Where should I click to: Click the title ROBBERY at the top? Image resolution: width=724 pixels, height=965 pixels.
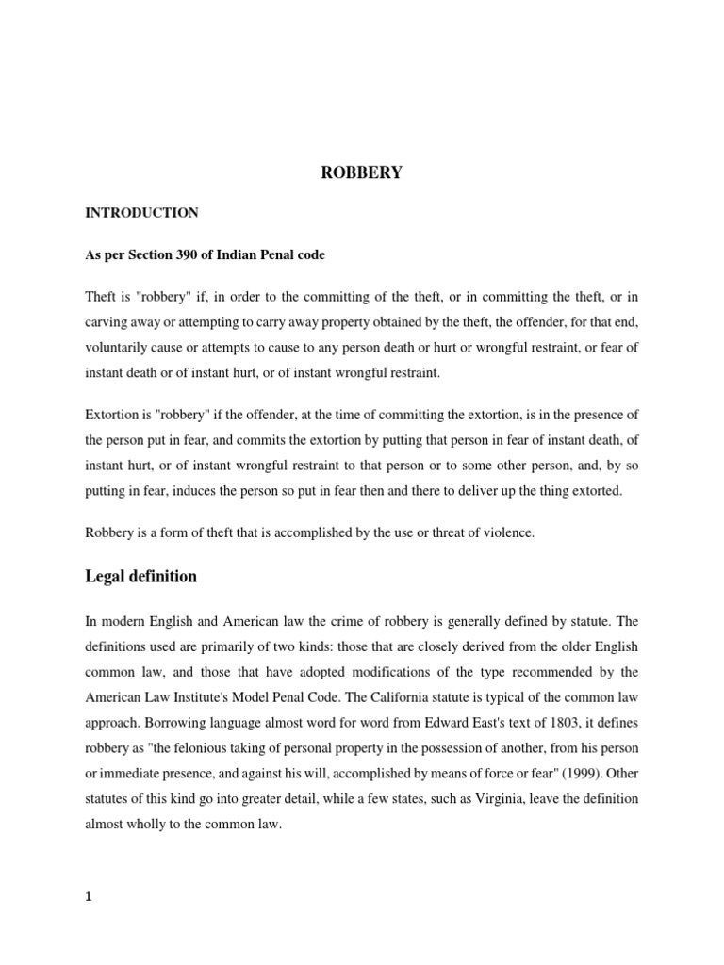coord(362,173)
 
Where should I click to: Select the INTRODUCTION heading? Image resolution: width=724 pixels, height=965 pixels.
coord(141,213)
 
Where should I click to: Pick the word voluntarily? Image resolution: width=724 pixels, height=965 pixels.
coord(121,348)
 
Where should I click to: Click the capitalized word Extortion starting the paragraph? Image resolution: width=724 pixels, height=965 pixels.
coord(114,413)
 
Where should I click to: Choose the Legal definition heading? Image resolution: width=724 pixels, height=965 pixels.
coord(141,575)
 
